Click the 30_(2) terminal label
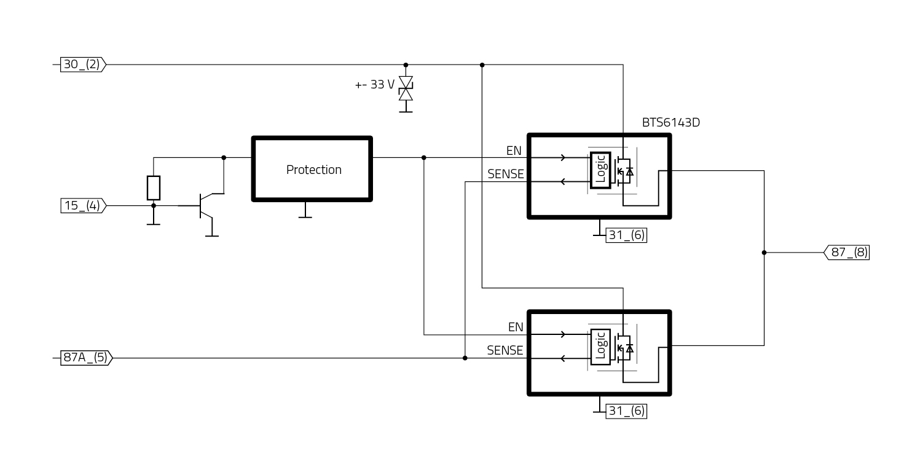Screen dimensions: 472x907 [82, 64]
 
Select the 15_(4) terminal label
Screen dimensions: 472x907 [82, 205]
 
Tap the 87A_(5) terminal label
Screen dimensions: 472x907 [85, 358]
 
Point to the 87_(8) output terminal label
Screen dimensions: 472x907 [847, 252]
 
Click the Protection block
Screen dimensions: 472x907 [312, 169]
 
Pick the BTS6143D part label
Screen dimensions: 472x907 [670, 122]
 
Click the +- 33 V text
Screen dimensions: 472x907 [375, 85]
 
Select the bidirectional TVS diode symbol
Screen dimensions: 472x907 [406, 88]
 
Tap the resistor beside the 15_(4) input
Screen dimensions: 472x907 [154, 187]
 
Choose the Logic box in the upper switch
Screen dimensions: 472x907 [600, 169]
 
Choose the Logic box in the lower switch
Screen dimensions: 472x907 [600, 347]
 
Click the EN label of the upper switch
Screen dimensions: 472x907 [514, 151]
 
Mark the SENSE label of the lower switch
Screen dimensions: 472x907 [505, 350]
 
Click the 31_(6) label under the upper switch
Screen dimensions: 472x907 [626, 235]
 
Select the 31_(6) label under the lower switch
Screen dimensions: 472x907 [626, 411]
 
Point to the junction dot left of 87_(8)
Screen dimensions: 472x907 [764, 252]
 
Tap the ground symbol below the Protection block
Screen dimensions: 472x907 [304, 213]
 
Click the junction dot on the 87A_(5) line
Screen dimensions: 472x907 [465, 358]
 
